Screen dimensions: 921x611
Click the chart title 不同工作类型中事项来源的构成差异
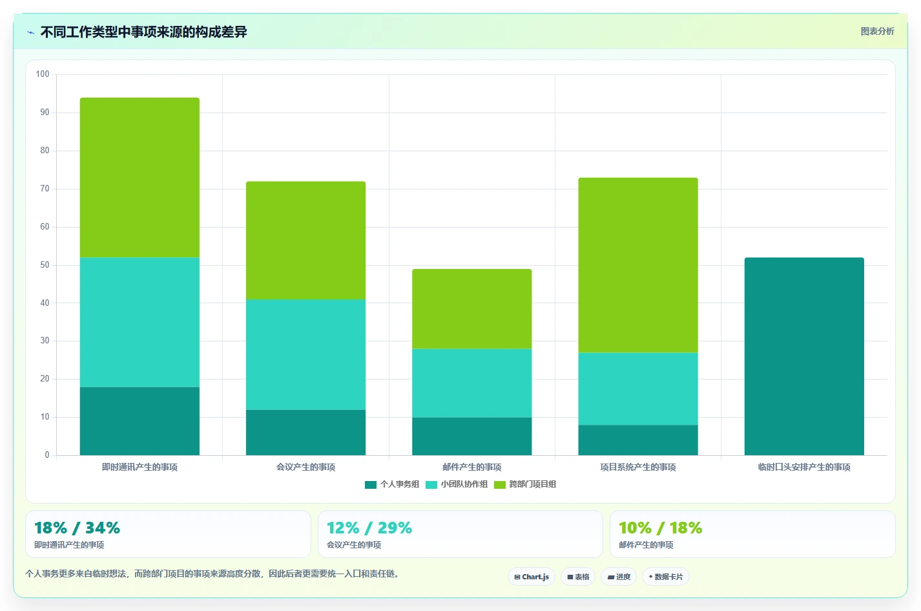click(143, 32)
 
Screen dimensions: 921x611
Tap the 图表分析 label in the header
click(878, 31)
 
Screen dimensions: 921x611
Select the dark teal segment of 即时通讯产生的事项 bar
click(140, 421)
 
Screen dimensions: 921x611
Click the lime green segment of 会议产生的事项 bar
click(306, 241)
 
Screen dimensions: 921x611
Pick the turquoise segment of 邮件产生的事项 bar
click(472, 383)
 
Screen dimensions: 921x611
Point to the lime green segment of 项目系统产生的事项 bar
click(638, 265)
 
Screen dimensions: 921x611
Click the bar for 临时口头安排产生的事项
click(804, 356)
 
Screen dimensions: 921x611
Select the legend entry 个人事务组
click(392, 484)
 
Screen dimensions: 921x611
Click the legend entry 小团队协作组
click(457, 484)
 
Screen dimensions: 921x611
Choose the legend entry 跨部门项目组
click(525, 484)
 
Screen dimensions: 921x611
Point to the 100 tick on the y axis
click(43, 74)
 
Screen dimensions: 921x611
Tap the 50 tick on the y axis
click(45, 264)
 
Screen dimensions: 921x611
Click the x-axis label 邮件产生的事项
click(472, 467)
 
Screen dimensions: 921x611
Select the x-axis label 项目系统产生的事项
click(638, 467)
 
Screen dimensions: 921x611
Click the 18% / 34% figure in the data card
click(78, 528)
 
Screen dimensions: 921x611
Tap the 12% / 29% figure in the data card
click(369, 528)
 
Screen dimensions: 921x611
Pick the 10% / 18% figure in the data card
click(661, 528)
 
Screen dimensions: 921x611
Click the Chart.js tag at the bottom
click(532, 577)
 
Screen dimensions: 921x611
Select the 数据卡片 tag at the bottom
click(666, 577)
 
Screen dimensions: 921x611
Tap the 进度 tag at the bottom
click(619, 577)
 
